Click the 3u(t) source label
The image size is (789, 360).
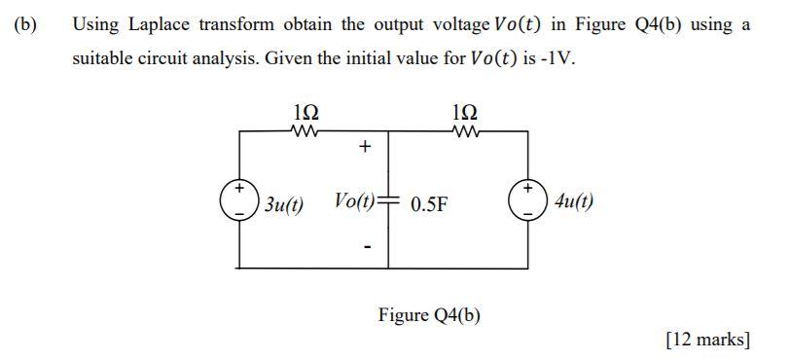click(x=283, y=204)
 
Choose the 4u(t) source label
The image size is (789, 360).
click(x=574, y=202)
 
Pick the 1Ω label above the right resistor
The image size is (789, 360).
click(x=465, y=112)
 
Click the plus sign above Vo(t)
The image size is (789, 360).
click(x=365, y=149)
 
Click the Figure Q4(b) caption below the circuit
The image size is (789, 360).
click(x=429, y=315)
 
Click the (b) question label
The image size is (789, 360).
click(x=23, y=24)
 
